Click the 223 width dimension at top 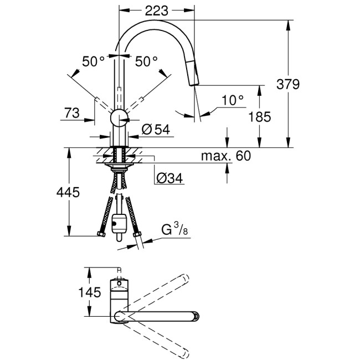coord(157,9)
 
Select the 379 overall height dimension coord(288,84)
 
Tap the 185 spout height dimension coord(259,117)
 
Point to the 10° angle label coord(233,100)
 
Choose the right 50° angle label coord(146,61)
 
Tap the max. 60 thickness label coord(225,156)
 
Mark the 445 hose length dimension coord(69,192)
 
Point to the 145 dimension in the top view coord(89,291)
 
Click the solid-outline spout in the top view coord(161,316)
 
